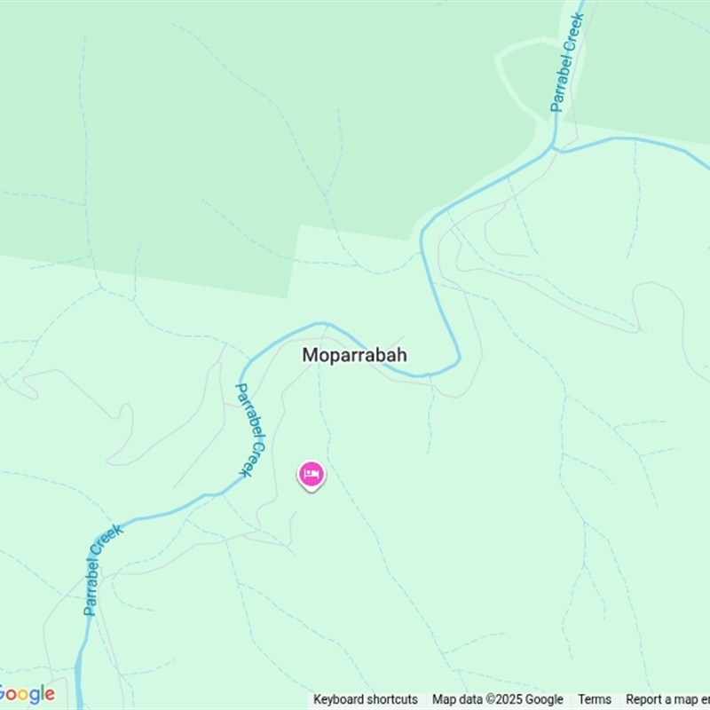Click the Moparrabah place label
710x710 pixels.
[354, 355]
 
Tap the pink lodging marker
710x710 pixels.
[311, 476]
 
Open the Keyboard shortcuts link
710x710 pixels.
[365, 699]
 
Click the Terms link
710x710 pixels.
[595, 699]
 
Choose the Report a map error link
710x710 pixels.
[667, 699]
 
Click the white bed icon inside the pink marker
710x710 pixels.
[311, 474]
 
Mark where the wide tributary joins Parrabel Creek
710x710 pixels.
[556, 147]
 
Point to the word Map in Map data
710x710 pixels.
[443, 699]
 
